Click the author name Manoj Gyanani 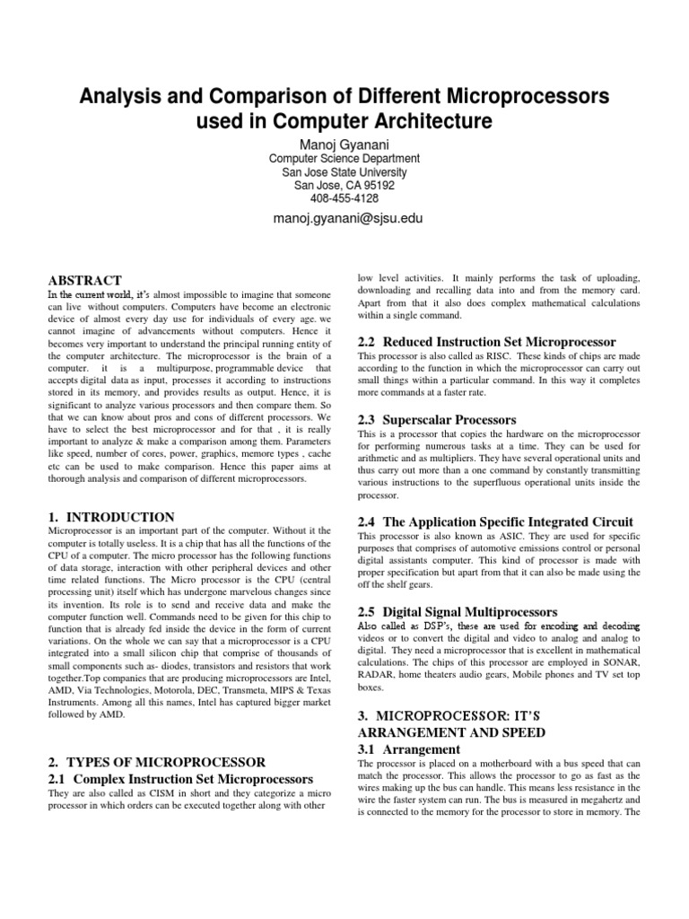coord(344,144)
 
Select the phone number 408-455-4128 coord(344,198)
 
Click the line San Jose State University coord(344,172)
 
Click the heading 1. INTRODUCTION coord(110,517)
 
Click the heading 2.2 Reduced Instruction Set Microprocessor coord(487,342)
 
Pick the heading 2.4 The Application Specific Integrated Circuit coord(496,521)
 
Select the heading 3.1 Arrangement coord(409,749)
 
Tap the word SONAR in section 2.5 coord(620,663)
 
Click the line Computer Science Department coord(344,159)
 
